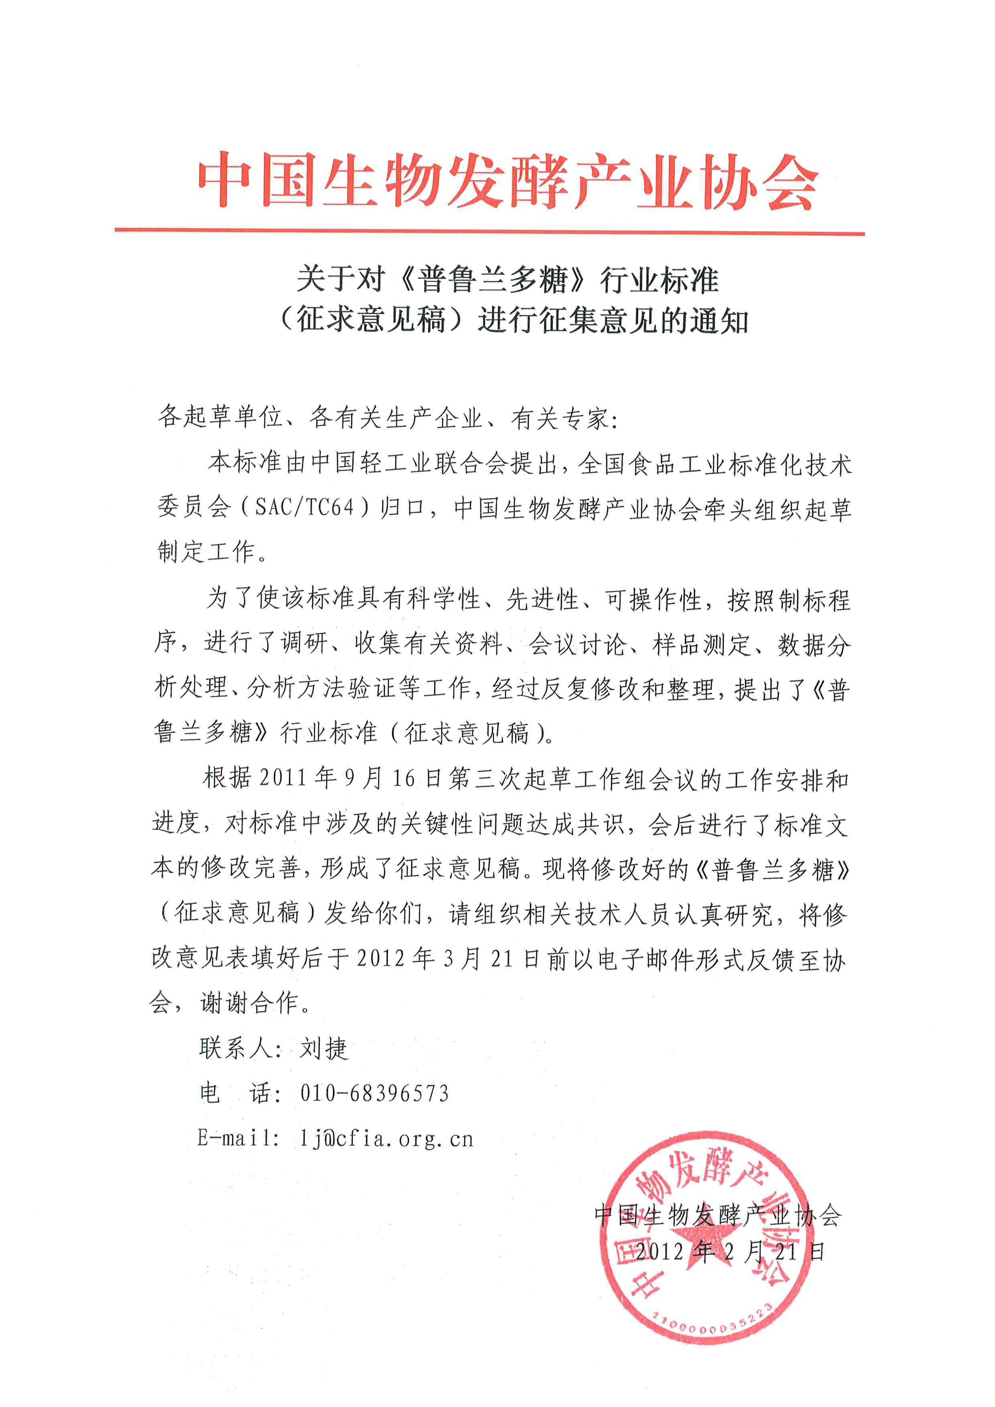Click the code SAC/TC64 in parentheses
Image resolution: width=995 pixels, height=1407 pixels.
coord(305,508)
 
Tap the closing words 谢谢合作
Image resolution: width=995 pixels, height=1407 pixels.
coord(249,1003)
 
